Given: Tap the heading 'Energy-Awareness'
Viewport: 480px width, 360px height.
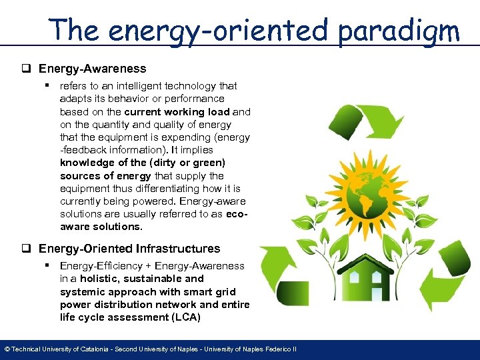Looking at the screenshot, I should pos(92,69).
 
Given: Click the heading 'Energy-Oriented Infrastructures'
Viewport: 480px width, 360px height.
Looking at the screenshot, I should pos(129,249).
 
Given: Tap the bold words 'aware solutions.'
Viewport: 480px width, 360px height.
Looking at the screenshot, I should pos(101,227).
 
